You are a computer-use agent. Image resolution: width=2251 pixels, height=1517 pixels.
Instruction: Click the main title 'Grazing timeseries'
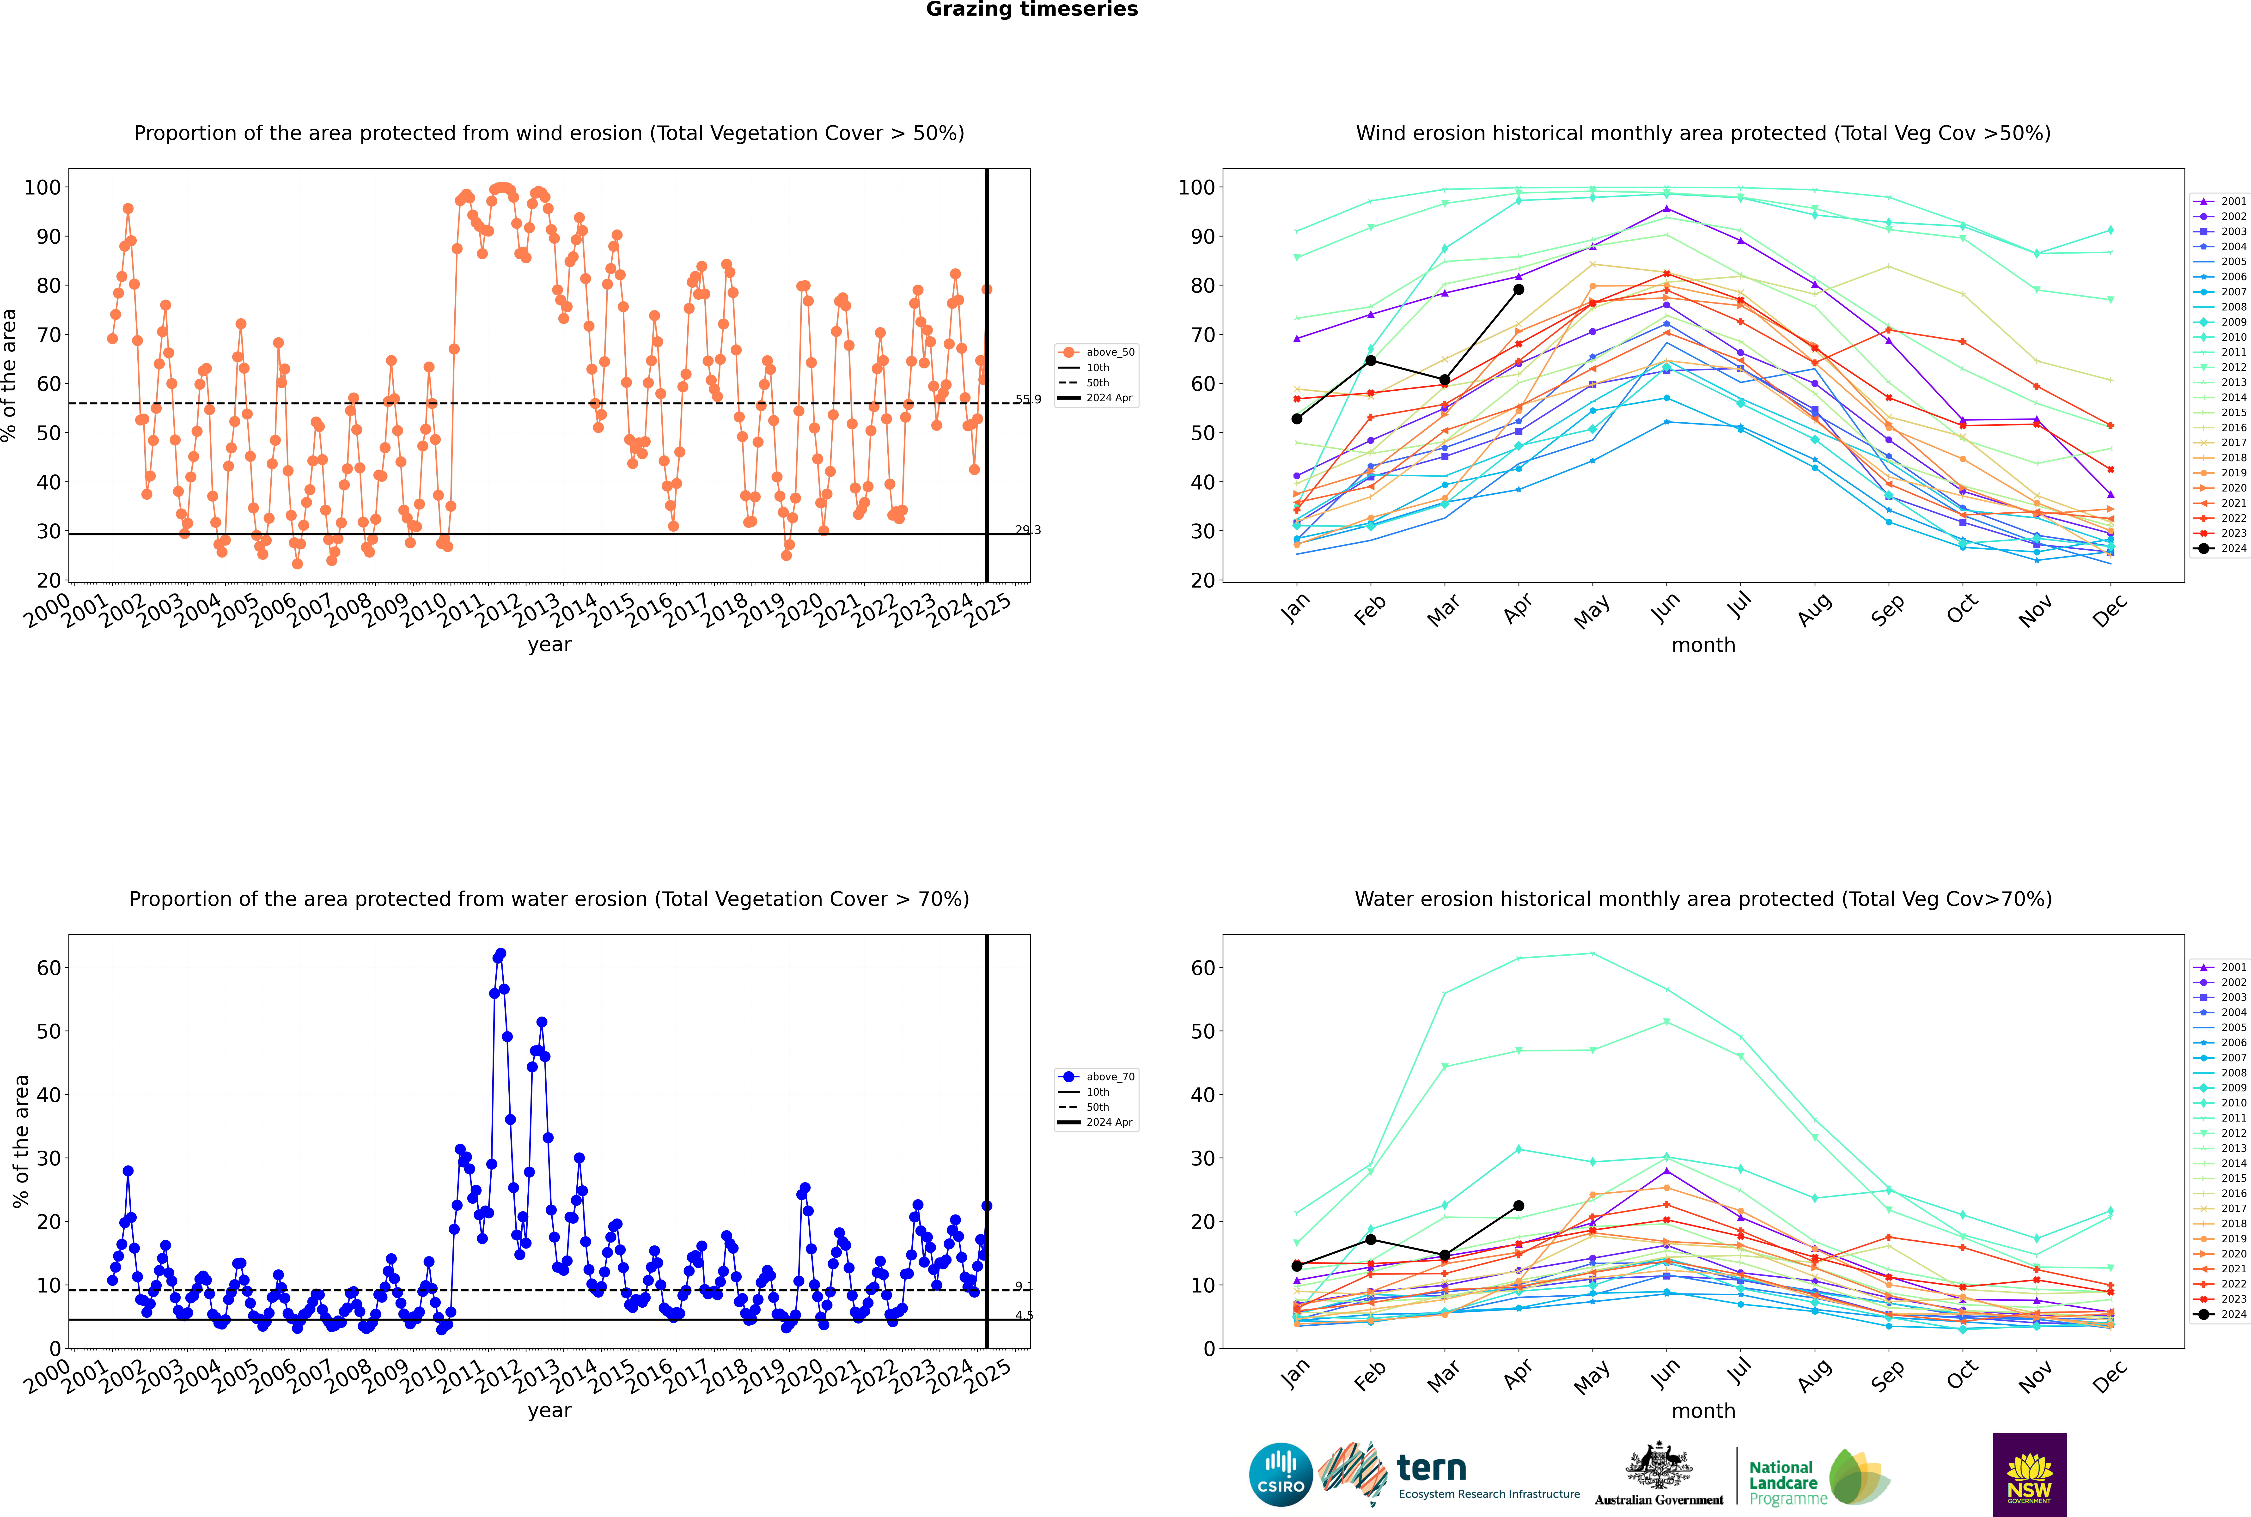pyautogui.click(x=1032, y=10)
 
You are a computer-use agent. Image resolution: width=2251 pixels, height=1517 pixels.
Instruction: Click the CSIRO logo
pyautogui.click(x=1280, y=1475)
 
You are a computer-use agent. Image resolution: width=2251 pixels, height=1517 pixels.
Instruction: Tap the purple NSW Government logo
pyautogui.click(x=2029, y=1475)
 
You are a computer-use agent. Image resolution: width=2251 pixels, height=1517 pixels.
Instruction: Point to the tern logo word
pyautogui.click(x=1431, y=1469)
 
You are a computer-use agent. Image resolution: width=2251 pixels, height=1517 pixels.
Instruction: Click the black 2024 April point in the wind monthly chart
pyautogui.click(x=1519, y=289)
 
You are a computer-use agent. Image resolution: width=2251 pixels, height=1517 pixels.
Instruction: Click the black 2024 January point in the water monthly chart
pyautogui.click(x=1297, y=1265)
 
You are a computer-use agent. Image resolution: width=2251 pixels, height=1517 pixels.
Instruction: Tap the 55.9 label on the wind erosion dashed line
pyautogui.click(x=1028, y=400)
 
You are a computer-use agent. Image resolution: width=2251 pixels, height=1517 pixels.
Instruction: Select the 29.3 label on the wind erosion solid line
pyautogui.click(x=1028, y=530)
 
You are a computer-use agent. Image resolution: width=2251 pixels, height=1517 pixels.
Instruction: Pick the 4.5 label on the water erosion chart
pyautogui.click(x=1024, y=1316)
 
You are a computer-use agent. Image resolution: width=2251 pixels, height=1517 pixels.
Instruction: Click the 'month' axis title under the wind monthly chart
pyautogui.click(x=1703, y=645)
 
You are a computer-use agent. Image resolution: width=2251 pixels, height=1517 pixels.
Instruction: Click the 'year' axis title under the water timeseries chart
pyautogui.click(x=550, y=1412)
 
